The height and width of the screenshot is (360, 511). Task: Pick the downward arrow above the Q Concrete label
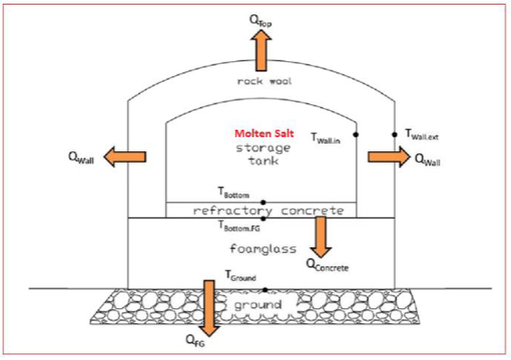pyautogui.click(x=322, y=237)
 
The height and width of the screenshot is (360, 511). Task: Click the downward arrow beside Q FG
pyautogui.click(x=209, y=305)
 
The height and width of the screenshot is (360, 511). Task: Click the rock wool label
pyautogui.click(x=265, y=82)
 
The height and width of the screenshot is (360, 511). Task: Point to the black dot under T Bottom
pyautogui.click(x=264, y=202)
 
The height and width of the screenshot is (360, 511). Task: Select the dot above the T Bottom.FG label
pyautogui.click(x=264, y=218)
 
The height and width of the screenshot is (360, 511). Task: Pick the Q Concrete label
pyautogui.click(x=328, y=267)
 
